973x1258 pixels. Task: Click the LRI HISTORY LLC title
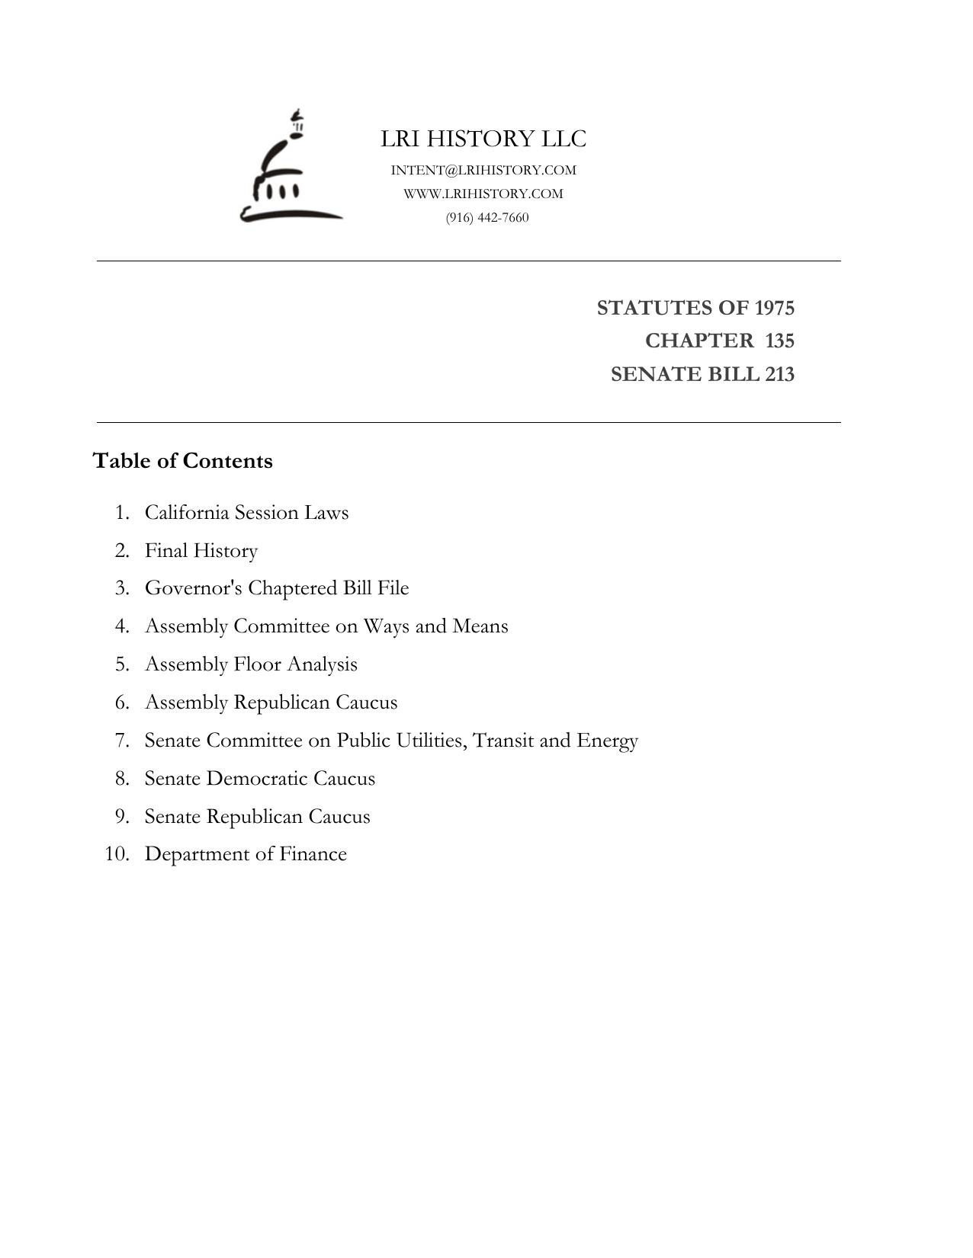tap(483, 139)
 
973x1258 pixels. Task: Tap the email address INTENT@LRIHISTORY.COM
tap(483, 170)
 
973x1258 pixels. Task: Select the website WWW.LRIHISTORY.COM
tap(483, 194)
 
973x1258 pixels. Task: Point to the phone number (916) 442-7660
tap(487, 217)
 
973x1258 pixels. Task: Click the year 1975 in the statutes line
tap(774, 308)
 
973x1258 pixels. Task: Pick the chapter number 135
tap(779, 341)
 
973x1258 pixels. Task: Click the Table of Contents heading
tap(182, 461)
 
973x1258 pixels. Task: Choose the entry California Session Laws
tap(246, 512)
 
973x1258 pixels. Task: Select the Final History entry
tap(201, 550)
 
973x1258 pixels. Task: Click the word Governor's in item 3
tap(194, 588)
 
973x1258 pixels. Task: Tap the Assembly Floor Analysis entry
tap(251, 664)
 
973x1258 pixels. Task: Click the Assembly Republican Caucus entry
tap(271, 702)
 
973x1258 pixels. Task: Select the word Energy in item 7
tap(607, 741)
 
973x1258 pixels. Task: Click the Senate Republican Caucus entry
tap(257, 817)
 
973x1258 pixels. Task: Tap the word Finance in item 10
tap(313, 854)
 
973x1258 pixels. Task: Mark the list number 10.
tap(117, 854)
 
